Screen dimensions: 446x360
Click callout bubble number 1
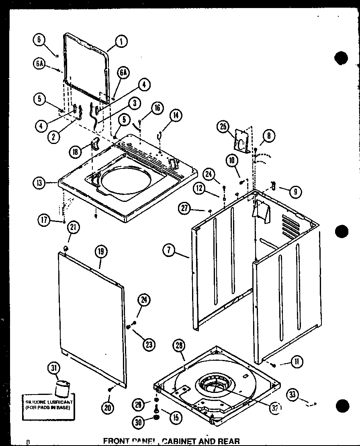pyautogui.click(x=120, y=41)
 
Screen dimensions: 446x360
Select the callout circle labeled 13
pyautogui.click(x=39, y=183)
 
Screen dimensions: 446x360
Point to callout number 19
pyautogui.click(x=100, y=252)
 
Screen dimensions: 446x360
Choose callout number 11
pyautogui.click(x=297, y=362)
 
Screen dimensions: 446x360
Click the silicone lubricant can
pyautogui.click(x=62, y=389)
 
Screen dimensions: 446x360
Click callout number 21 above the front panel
pyautogui.click(x=74, y=228)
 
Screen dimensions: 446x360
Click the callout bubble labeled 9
pyautogui.click(x=295, y=192)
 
